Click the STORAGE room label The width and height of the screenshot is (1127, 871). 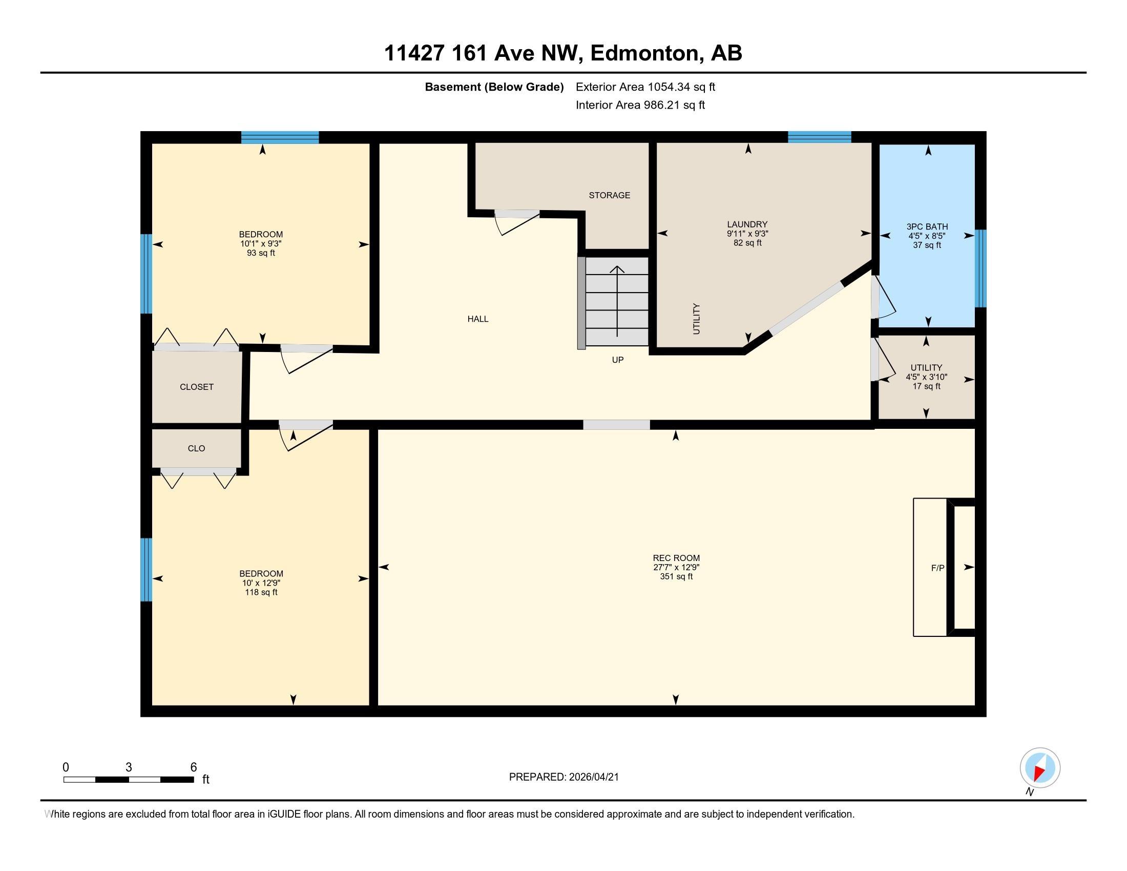pos(610,195)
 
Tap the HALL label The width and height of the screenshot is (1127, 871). pos(478,319)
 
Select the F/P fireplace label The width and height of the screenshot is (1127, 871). pos(937,568)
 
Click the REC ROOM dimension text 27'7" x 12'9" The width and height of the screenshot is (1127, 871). pos(676,567)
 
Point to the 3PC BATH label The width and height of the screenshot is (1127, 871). pos(927,226)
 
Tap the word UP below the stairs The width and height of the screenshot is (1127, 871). pos(618,360)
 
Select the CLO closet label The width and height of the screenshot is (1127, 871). pos(196,448)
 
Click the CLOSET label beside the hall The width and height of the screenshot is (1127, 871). pos(197,387)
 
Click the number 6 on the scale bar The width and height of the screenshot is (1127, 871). pos(194,768)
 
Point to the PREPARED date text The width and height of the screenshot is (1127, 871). pos(563,777)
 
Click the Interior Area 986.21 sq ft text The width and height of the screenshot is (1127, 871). pos(640,105)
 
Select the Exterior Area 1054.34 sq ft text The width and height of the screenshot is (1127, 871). pos(645,87)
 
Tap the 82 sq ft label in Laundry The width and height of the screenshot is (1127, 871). pos(748,243)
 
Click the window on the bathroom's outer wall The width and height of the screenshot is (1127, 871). pos(980,268)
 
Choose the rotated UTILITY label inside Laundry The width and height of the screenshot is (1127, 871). pos(697,319)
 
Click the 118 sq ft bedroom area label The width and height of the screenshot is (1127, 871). pos(261,592)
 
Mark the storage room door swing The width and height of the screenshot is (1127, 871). pos(516,222)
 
